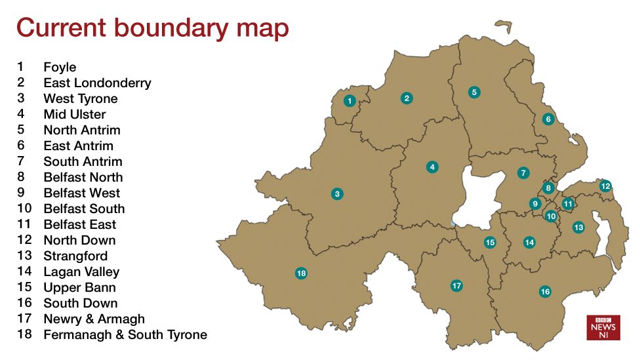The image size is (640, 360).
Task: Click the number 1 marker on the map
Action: [350, 101]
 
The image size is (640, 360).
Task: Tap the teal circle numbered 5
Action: [474, 92]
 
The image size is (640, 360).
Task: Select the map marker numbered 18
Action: [301, 273]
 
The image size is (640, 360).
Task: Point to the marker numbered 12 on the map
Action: [605, 186]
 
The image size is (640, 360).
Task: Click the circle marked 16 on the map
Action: [545, 291]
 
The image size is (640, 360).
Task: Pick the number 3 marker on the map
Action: [337, 194]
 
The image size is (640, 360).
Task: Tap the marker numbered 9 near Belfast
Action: [535, 204]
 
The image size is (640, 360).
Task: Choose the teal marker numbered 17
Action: [456, 286]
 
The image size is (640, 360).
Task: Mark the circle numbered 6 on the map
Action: [548, 119]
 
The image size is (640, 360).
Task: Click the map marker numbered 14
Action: [529, 243]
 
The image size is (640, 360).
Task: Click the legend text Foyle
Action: [60, 67]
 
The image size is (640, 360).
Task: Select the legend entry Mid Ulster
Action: [74, 114]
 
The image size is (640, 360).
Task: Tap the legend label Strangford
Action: [75, 256]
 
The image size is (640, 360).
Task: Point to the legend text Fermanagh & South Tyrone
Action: [125, 334]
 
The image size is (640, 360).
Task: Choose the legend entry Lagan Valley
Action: [81, 271]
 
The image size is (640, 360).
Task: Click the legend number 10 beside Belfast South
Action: [25, 209]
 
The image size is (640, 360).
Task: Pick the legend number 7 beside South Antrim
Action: [21, 161]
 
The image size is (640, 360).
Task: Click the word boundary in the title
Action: [170, 28]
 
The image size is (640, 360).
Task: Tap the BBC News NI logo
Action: [603, 327]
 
